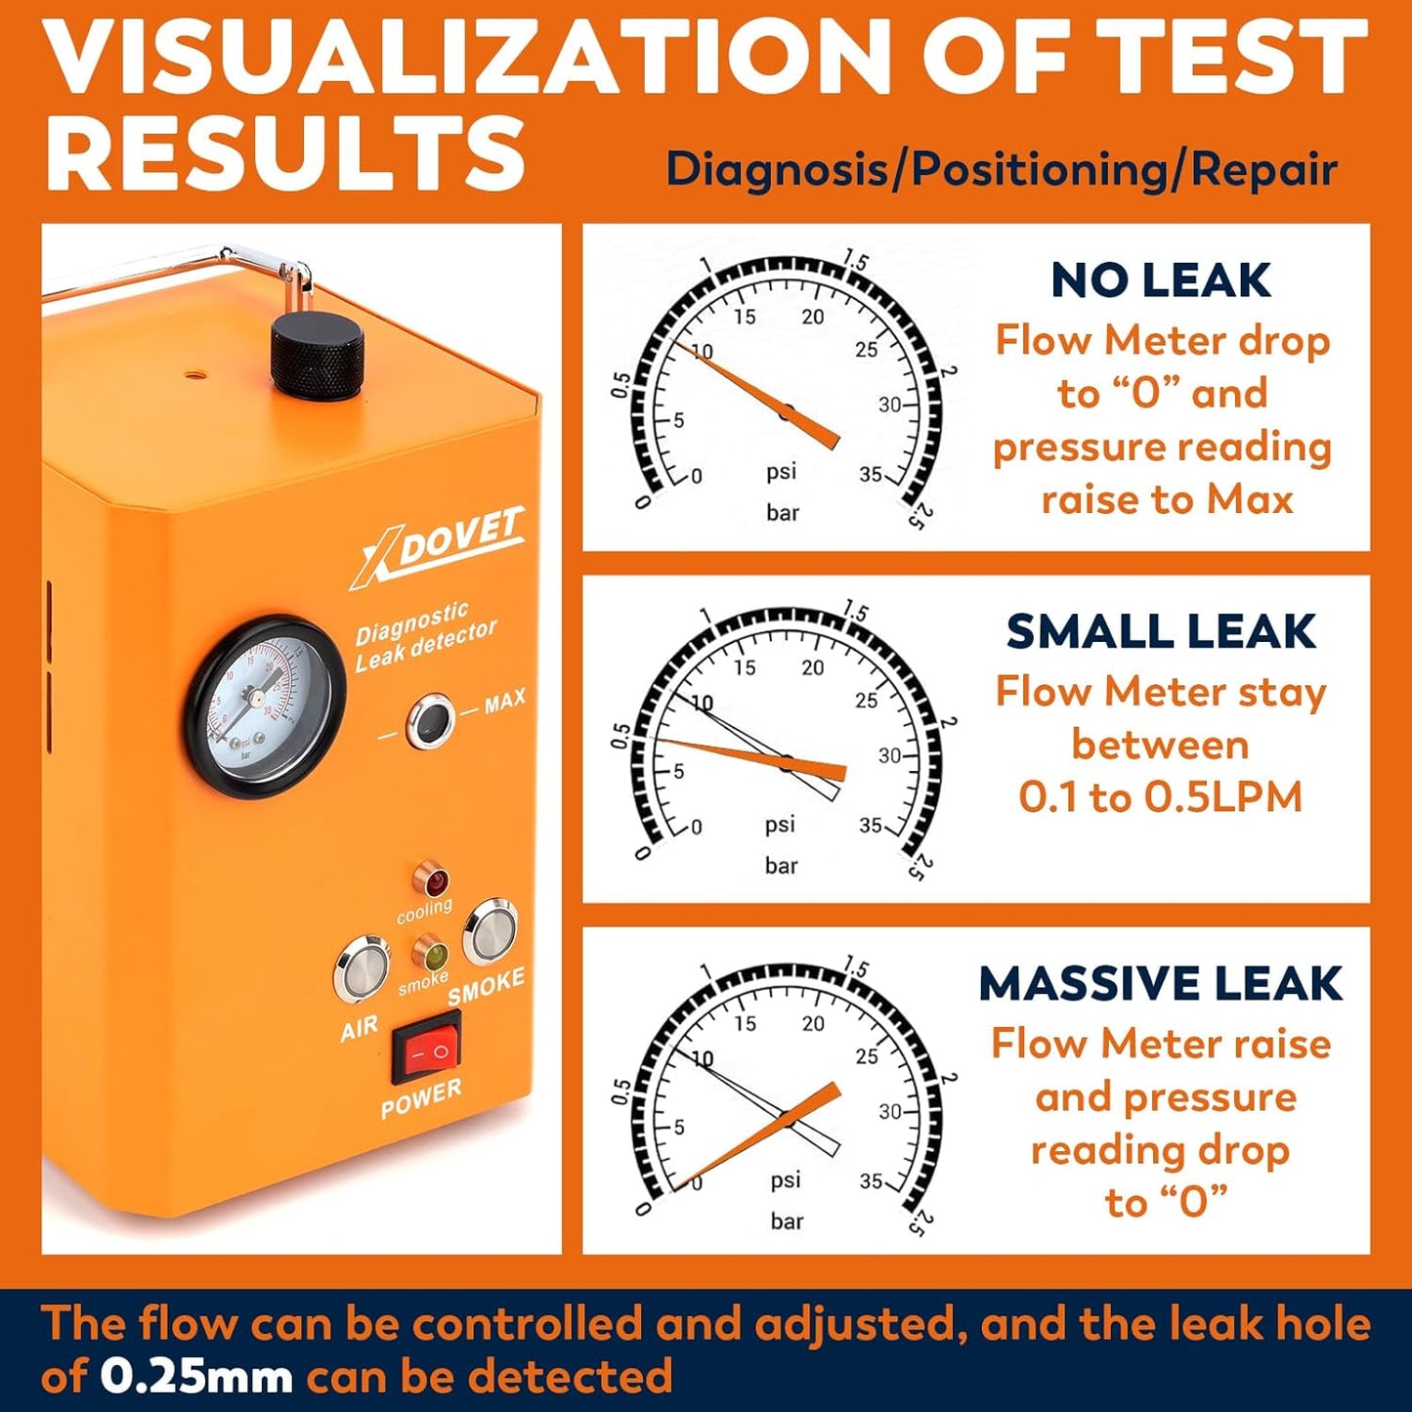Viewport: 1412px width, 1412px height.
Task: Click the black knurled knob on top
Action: coord(317,358)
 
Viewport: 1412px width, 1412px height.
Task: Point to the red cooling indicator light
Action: coord(431,880)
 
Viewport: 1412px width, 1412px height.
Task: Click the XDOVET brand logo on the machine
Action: coord(440,546)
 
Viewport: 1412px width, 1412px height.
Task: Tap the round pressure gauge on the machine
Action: coord(265,706)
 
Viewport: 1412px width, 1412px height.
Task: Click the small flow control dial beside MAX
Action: coord(430,721)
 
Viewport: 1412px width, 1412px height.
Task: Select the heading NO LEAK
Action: coord(1160,280)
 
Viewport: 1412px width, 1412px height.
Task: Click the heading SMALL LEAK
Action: coord(1160,631)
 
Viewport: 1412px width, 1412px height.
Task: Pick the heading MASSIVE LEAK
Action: coord(1160,983)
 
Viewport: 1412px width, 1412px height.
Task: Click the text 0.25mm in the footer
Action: coord(195,1377)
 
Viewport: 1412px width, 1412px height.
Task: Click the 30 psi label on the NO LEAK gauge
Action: coord(888,404)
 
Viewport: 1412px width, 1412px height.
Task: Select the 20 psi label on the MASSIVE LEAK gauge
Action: coord(812,1023)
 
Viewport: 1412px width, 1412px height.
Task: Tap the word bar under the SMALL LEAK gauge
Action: coord(781,865)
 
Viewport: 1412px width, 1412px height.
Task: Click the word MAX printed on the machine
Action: coord(504,701)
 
